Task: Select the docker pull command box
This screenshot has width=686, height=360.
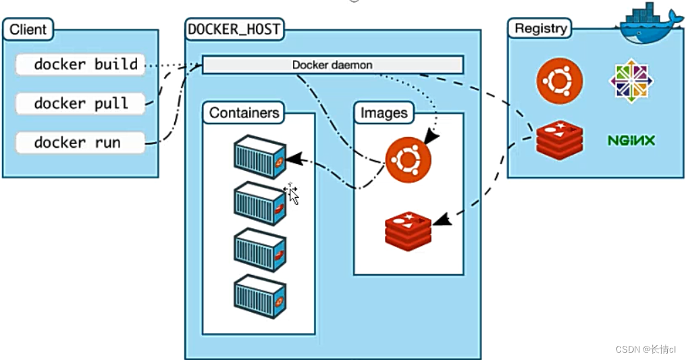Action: point(80,103)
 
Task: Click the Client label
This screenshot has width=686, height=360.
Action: point(28,30)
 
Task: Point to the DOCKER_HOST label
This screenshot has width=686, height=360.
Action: point(234,29)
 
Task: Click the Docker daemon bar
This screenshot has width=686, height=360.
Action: point(332,65)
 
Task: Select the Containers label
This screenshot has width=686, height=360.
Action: point(244,113)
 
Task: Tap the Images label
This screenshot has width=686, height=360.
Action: point(384,113)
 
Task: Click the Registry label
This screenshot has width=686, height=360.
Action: point(540,28)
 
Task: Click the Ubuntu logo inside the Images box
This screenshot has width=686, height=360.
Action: point(408,159)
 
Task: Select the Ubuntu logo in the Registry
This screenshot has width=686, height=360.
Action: point(559,81)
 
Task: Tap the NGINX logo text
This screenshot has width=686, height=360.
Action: point(631,141)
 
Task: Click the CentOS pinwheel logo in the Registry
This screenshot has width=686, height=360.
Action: point(631,82)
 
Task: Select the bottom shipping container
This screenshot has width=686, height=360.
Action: point(259,295)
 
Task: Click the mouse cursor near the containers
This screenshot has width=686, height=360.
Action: point(292,193)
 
